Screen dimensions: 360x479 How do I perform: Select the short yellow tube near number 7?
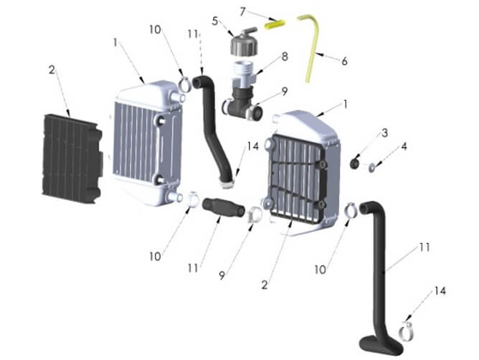click(274, 23)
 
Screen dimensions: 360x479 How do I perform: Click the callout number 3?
click(384, 133)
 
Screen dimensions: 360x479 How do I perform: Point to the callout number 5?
click(214, 21)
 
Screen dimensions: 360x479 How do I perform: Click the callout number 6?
click(344, 62)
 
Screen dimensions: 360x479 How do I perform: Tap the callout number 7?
click(243, 11)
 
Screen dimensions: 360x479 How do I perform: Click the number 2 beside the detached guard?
click(52, 70)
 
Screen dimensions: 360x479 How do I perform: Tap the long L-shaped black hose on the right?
click(380, 273)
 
